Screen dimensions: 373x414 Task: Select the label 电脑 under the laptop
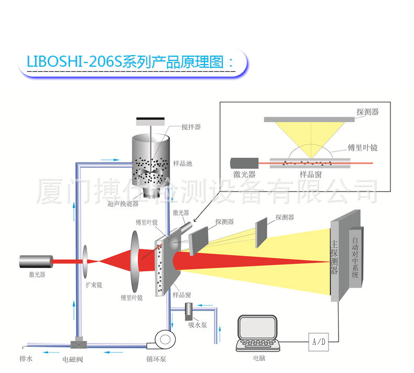point(258,360)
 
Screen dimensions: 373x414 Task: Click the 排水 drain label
point(26,359)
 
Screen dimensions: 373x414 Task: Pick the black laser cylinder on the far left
point(36,261)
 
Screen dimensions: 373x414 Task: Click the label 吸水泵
point(198,325)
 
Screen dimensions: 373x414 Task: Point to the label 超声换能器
point(123,204)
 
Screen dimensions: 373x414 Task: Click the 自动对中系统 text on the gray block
point(355,258)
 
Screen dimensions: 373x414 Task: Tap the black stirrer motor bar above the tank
point(150,121)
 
